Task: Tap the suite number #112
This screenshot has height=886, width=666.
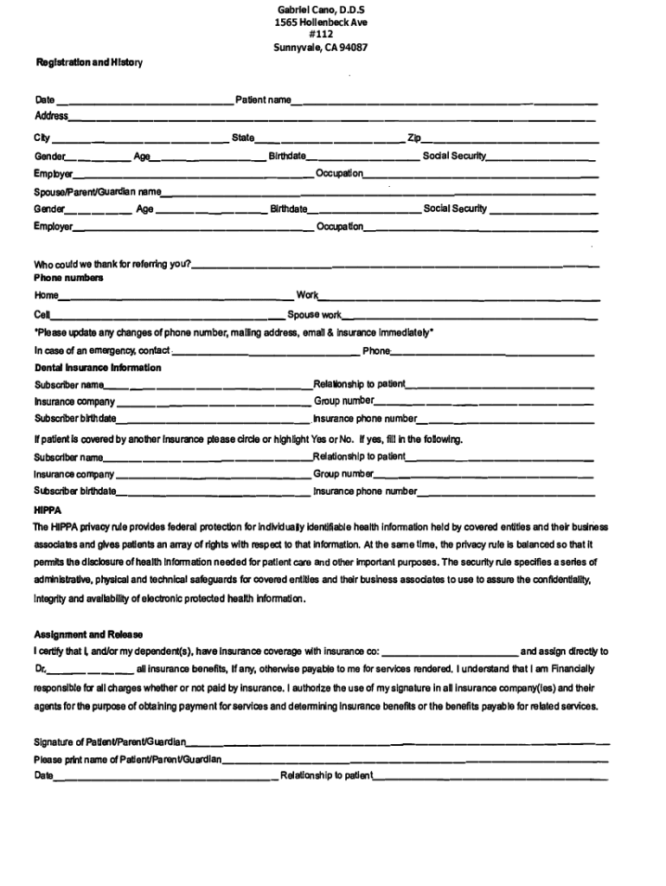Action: pos(321,34)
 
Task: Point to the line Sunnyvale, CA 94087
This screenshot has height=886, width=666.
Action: pos(321,48)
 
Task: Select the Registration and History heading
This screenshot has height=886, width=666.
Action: pos(87,63)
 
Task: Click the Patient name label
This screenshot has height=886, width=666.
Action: pos(263,100)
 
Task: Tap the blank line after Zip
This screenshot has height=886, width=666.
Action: pos(510,139)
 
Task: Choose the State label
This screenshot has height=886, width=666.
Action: pos(243,138)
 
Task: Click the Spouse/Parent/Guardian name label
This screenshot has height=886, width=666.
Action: pos(98,191)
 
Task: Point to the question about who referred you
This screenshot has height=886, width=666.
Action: pos(112,263)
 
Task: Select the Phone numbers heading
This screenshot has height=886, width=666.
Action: pos(68,278)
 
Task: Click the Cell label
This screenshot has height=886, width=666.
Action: pos(42,315)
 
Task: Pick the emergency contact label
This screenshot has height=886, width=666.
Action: pos(102,350)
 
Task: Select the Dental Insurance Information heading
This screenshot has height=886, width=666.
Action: pos(97,368)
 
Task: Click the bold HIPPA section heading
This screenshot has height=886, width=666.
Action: pos(47,510)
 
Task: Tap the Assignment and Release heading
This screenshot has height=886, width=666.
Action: pos(88,634)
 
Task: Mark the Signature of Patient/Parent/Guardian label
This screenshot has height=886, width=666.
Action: pos(110,742)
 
